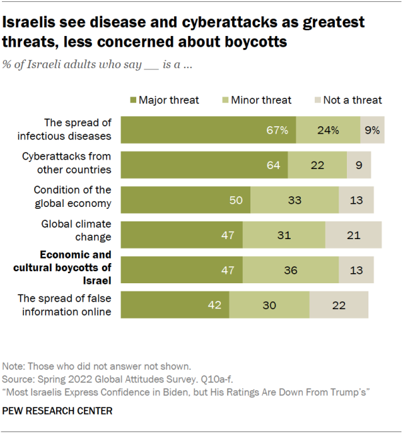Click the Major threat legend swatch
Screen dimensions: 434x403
pos(133,100)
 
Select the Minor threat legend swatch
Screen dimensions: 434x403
pos(225,100)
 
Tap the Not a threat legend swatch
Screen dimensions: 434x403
pos(317,100)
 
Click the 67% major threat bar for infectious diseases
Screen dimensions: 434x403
pos(209,131)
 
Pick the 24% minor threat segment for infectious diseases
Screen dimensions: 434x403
pos(328,131)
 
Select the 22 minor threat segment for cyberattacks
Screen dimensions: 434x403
pos(317,165)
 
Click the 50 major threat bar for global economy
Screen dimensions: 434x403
pos(185,200)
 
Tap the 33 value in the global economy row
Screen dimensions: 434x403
pos(295,200)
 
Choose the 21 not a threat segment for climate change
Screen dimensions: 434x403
pos(353,235)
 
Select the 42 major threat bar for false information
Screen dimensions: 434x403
pos(175,305)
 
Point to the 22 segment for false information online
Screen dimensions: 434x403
pos(339,305)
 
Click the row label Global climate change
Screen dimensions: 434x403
pos(76,230)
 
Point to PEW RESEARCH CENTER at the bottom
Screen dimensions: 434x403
pos(57,411)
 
